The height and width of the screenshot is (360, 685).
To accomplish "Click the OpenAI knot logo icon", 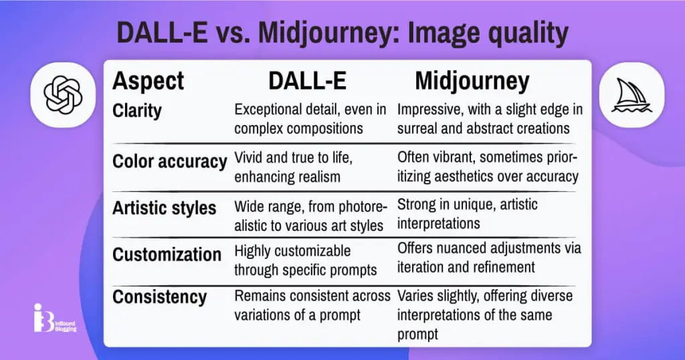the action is [x=63, y=95].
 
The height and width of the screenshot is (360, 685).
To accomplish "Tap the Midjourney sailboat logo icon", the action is [x=631, y=95].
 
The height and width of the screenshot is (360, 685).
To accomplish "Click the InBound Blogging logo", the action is [x=55, y=318].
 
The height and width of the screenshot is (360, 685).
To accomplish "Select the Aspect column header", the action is [x=148, y=81].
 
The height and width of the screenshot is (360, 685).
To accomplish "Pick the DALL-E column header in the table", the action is [x=307, y=81].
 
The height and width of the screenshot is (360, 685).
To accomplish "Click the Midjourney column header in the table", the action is [x=472, y=81].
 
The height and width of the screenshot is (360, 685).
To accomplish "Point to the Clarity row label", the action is [x=136, y=111].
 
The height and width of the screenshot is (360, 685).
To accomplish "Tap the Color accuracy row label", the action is [x=169, y=161].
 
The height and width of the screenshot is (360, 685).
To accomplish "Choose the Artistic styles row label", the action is [x=165, y=208].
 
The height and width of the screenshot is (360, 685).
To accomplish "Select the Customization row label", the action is [x=167, y=254].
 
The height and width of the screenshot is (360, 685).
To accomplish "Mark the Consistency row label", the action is [x=159, y=297].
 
